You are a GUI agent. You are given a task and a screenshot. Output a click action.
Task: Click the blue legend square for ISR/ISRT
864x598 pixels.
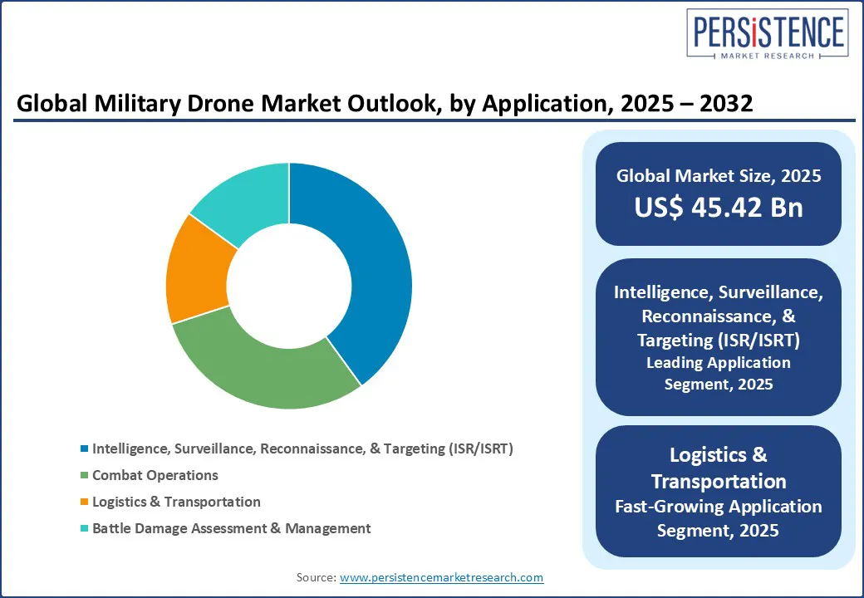84,448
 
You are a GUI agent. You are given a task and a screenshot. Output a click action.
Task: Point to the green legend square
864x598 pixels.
84,475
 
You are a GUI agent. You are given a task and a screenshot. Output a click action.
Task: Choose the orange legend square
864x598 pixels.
84,502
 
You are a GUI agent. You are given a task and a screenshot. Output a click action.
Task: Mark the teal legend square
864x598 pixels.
84,528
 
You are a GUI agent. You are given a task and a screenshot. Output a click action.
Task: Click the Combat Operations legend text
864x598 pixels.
155,475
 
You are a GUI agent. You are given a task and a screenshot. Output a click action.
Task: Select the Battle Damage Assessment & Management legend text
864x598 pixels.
231,528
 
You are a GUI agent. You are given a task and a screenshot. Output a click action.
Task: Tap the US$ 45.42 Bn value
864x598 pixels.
719,208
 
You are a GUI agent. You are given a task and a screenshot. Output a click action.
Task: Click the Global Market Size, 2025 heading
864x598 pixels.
719,176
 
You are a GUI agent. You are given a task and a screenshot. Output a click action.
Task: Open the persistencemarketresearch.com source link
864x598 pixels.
441,577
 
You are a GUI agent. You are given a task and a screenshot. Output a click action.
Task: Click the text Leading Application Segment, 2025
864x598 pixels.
719,373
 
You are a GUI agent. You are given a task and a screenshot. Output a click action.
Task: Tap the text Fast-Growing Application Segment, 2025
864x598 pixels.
719,517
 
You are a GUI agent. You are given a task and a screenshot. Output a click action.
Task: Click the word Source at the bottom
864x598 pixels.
315,577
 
